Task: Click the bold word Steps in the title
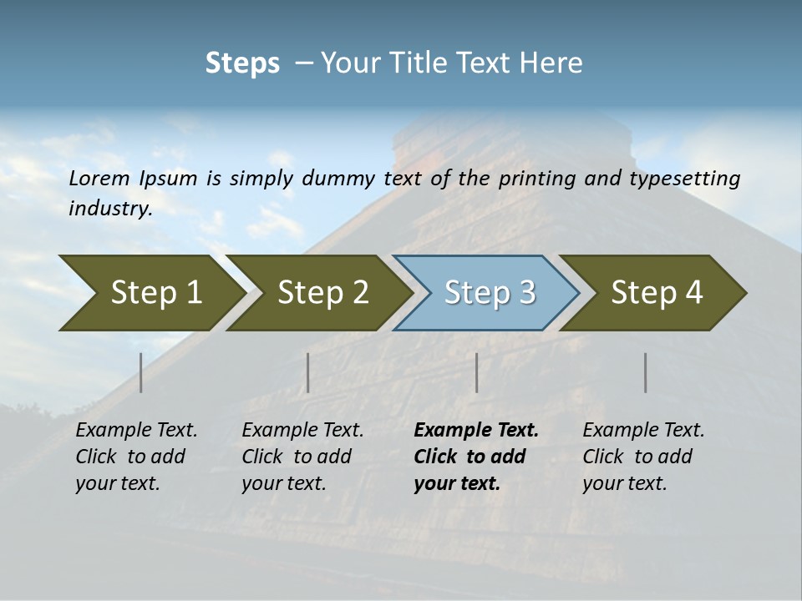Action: (242, 63)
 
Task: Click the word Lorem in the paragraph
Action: (99, 178)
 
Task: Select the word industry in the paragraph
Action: (109, 209)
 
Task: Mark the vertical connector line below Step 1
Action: (141, 372)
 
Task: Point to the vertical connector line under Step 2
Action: (308, 372)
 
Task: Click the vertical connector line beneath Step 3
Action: (477, 372)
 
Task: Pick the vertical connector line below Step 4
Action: (646, 372)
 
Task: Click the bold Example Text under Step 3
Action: (476, 431)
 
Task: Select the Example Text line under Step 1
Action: (136, 431)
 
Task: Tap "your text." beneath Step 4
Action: (625, 483)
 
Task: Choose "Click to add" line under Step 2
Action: (297, 457)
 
